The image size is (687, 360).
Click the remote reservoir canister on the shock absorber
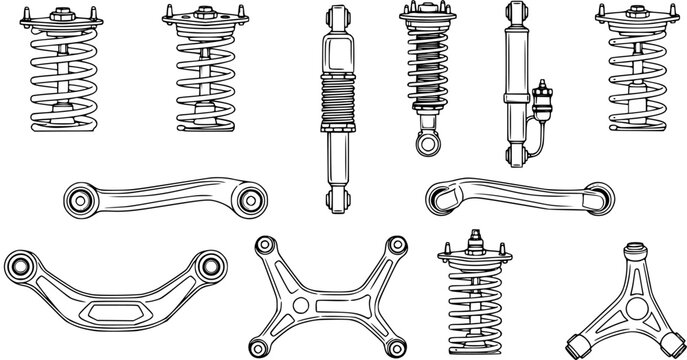[546, 104]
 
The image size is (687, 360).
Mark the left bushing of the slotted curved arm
[22, 267]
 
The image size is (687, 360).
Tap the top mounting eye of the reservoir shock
[517, 13]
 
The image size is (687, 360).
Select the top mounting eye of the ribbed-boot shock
[335, 17]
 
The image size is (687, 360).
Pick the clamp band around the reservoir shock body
[517, 96]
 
